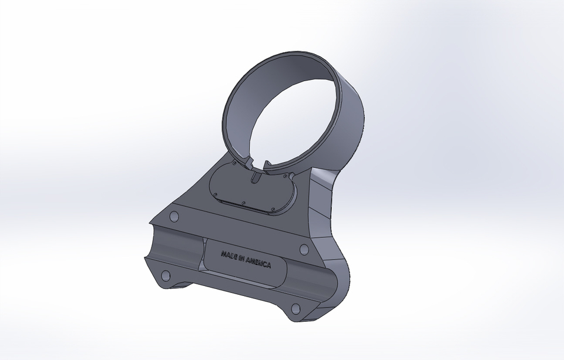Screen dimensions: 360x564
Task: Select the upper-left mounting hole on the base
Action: (x=173, y=217)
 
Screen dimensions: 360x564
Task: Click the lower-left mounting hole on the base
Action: (x=165, y=275)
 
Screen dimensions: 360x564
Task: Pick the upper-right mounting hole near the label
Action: (x=304, y=250)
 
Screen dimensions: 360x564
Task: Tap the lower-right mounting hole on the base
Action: (x=296, y=308)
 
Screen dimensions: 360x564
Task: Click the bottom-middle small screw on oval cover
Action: (x=245, y=205)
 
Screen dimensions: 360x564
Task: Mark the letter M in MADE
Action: (x=223, y=254)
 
